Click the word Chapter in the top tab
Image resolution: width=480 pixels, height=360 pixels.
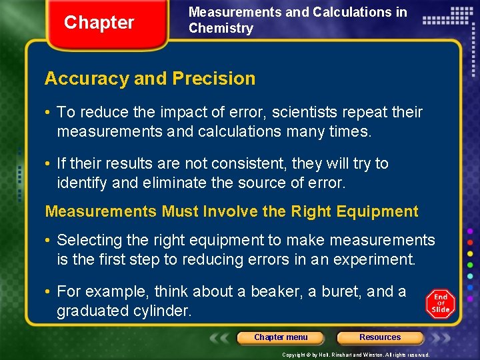coord(99,23)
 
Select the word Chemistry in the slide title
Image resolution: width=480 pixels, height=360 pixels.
coord(221,28)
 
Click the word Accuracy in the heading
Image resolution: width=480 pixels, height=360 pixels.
coord(87,79)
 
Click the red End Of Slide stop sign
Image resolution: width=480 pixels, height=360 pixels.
coord(441,303)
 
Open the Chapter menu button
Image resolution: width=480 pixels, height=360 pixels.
coord(281,337)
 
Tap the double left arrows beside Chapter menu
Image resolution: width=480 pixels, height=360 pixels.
coord(221,337)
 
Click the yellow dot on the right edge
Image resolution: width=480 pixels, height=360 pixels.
coord(471,253)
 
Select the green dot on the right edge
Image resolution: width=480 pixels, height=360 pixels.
coord(471,264)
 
